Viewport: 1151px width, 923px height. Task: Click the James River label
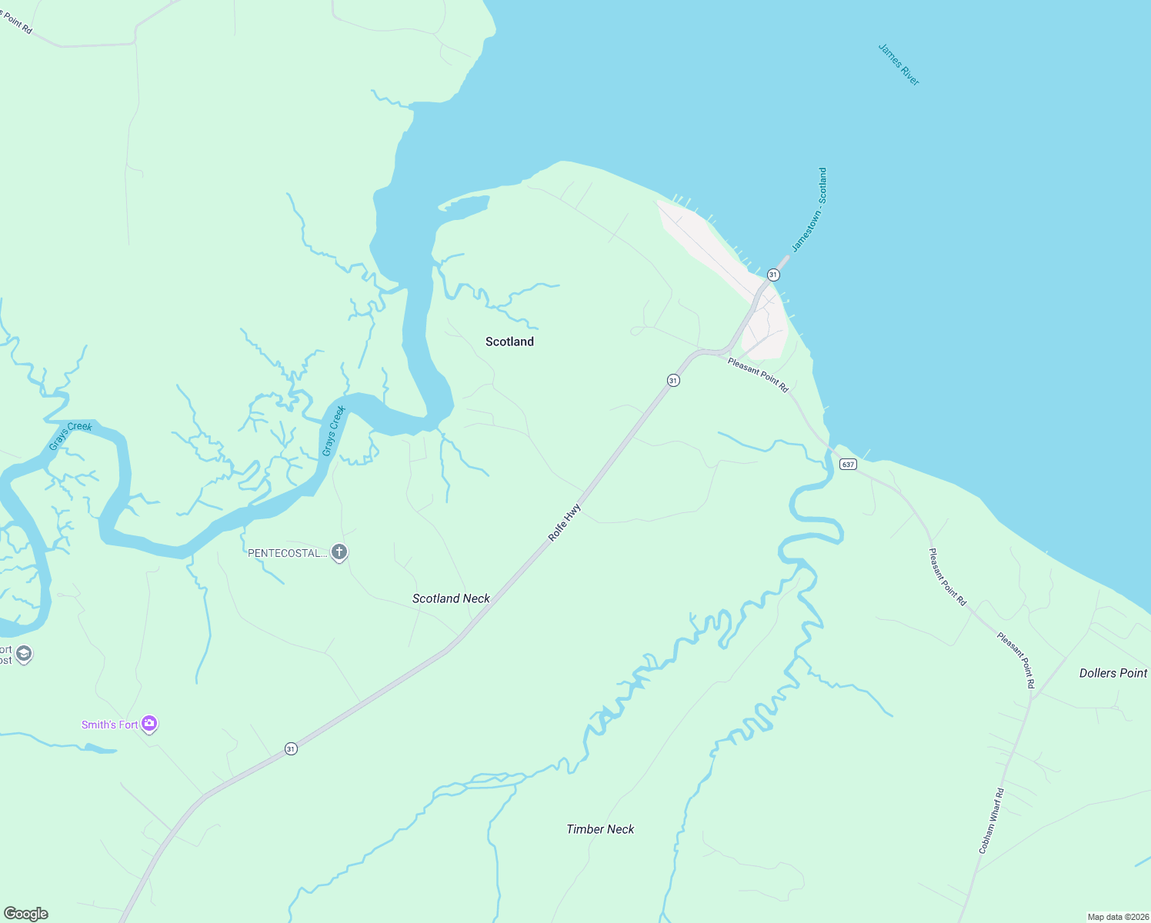899,65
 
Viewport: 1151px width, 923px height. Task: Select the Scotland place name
509,342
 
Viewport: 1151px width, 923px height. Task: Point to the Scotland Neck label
451,598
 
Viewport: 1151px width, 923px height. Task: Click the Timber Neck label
600,829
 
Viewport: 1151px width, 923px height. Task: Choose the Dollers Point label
1113,673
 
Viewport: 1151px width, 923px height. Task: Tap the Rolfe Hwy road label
564,523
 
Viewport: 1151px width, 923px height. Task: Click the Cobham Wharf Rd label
991,821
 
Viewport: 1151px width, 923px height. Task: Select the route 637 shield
847,465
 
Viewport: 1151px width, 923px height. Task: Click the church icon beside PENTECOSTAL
339,552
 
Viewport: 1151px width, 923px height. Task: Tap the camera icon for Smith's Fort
149,724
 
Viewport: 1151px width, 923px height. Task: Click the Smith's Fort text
110,725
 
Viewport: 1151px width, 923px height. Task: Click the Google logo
26,913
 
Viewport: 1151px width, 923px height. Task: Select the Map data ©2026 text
1116,917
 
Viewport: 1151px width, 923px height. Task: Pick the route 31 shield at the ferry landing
773,275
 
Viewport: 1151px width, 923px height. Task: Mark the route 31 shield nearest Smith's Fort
291,748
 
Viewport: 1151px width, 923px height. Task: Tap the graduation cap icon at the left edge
23,654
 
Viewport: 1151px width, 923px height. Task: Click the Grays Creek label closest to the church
334,431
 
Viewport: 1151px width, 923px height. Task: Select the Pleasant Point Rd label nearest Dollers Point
1016,660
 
